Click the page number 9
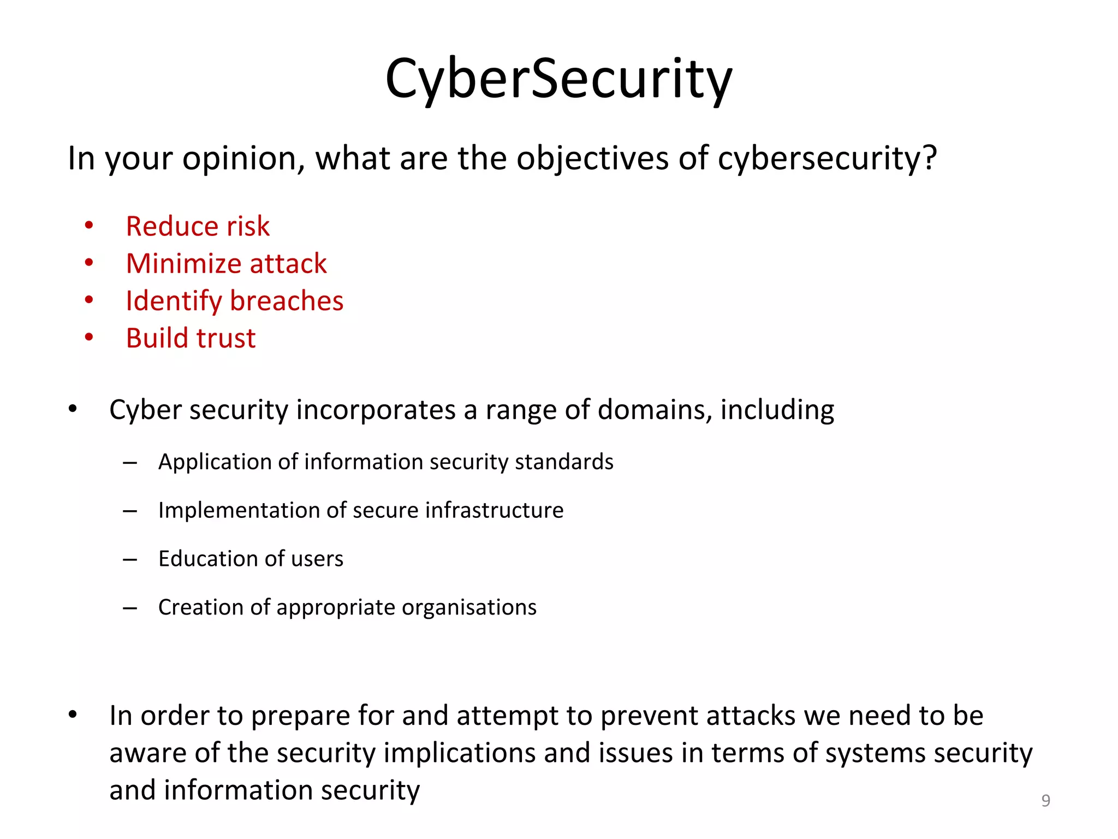pos(1045,800)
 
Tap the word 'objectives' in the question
pos(593,159)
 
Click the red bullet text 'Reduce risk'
pos(198,226)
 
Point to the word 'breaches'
pos(287,301)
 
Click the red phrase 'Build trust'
pos(191,338)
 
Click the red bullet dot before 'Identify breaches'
pos(89,300)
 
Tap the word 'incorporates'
pos(376,410)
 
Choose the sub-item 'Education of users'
pos(251,559)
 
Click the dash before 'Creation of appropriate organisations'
pos(130,607)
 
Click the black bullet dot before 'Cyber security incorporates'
pos(73,409)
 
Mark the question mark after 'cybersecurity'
pos(930,158)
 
